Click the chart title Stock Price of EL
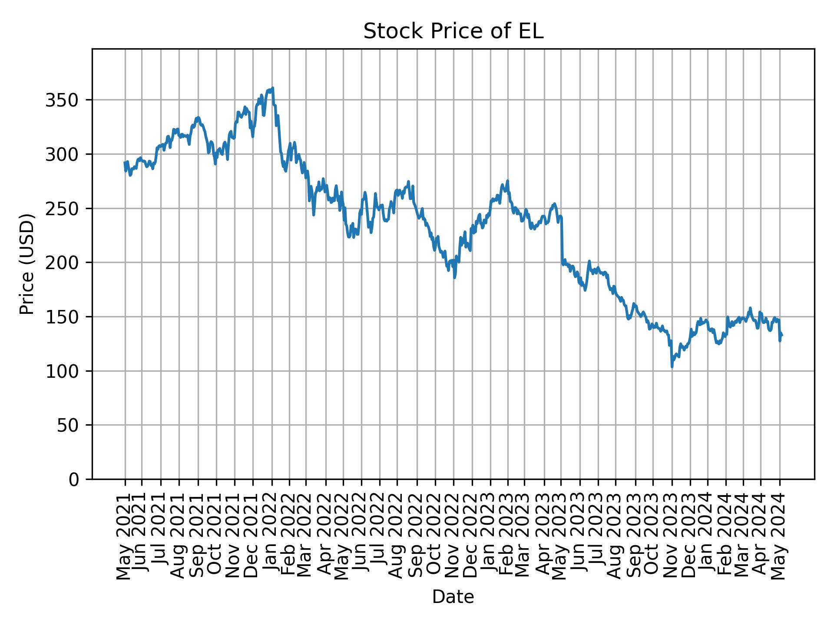point(453,32)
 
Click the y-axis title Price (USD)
point(27,264)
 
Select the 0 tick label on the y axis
point(74,479)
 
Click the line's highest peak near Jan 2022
point(272,88)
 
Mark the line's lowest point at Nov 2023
point(672,366)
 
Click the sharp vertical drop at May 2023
point(562,239)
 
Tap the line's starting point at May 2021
point(125,163)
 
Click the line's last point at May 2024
point(781,335)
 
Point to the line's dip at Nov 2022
point(454,277)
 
